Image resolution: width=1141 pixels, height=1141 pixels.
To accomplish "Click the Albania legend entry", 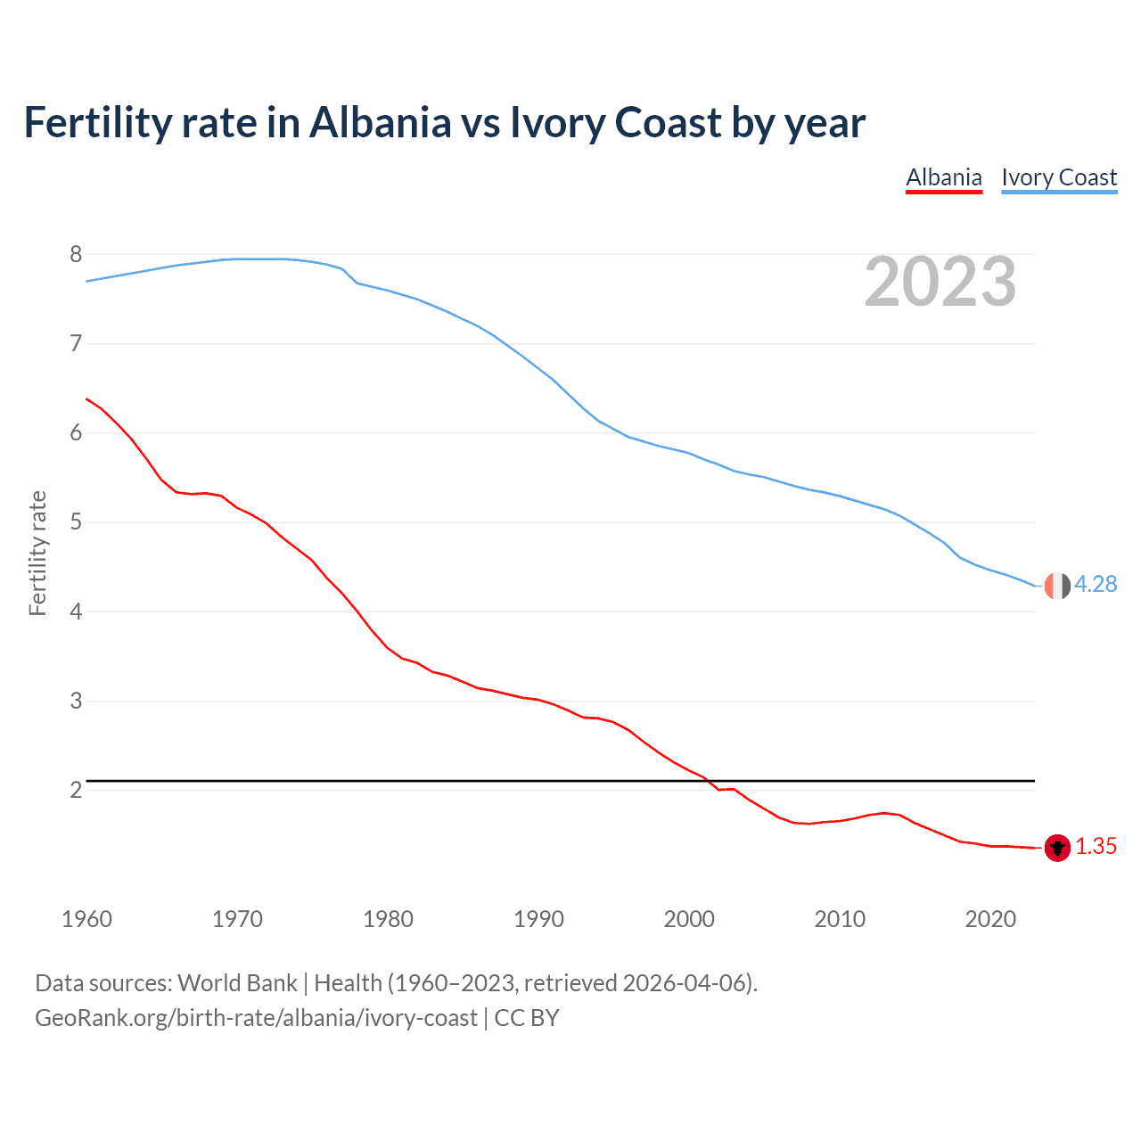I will point(944,177).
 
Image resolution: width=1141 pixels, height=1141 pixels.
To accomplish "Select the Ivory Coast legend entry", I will point(1059,177).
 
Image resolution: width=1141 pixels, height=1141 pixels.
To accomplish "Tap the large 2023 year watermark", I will point(940,282).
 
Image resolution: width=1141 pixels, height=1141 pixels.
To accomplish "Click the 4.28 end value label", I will point(1096,584).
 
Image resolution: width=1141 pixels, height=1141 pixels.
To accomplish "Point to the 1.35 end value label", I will point(1096,846).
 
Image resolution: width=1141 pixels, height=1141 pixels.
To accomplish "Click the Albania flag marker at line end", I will point(1057,848).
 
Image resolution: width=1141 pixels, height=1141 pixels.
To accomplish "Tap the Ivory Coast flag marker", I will point(1057,586).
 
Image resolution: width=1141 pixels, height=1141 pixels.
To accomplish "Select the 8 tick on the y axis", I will point(76,254).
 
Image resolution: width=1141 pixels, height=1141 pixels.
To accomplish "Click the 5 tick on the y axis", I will point(76,521).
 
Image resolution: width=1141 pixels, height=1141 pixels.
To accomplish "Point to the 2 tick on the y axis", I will point(76,790).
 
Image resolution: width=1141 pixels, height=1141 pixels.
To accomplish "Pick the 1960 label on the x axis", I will point(86,919).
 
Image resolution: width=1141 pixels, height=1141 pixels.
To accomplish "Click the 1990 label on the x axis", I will point(538,919).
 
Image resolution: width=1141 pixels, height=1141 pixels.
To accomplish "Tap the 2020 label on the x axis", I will point(990,919).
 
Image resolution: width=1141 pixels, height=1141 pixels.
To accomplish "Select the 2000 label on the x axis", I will point(689,919).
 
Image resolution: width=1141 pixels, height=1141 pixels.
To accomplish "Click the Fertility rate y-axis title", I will point(37,553).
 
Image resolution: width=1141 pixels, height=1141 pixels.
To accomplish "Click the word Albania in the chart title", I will point(381,122).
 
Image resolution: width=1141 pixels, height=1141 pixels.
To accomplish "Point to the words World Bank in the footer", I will point(237,983).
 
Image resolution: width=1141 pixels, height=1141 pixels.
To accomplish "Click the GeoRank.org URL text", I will point(256,1018).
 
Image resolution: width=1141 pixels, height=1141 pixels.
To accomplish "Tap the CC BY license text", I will point(526,1018).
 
